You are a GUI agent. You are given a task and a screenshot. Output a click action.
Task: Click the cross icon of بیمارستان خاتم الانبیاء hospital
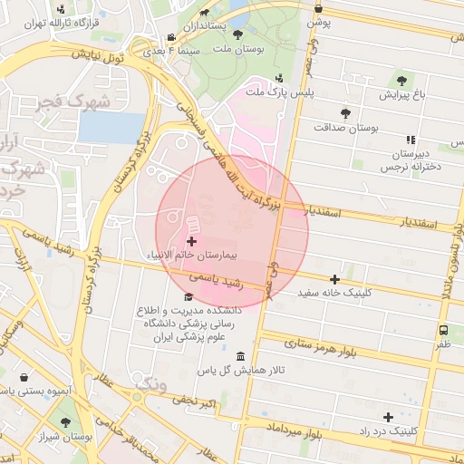pyautogui.click(x=191, y=241)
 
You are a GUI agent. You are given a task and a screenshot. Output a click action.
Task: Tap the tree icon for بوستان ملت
pyautogui.click(x=238, y=34)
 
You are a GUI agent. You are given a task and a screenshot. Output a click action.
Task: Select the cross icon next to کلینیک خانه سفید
pyautogui.click(x=335, y=279)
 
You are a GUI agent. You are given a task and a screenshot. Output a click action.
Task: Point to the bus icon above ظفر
pyautogui.click(x=444, y=331)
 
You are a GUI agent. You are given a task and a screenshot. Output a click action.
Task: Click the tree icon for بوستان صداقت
pyautogui.click(x=345, y=113)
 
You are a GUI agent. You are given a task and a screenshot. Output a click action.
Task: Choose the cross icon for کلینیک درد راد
pyautogui.click(x=389, y=417)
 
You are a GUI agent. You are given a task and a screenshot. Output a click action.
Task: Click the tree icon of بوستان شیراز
pyautogui.click(x=65, y=421)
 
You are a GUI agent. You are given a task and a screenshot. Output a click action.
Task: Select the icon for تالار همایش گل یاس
pyautogui.click(x=239, y=356)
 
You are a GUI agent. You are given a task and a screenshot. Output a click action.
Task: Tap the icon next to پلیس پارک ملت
pyautogui.click(x=279, y=78)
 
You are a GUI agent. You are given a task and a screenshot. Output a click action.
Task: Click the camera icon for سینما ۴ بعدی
pyautogui.click(x=170, y=38)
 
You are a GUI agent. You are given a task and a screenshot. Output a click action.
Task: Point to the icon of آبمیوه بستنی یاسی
pyautogui.click(x=24, y=376)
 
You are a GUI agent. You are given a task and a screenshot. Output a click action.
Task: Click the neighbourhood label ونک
pyautogui.click(x=150, y=385)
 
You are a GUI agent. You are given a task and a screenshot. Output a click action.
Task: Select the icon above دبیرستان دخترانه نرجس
pyautogui.click(x=411, y=140)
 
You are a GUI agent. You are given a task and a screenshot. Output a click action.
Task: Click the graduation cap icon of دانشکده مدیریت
pyautogui.click(x=188, y=296)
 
